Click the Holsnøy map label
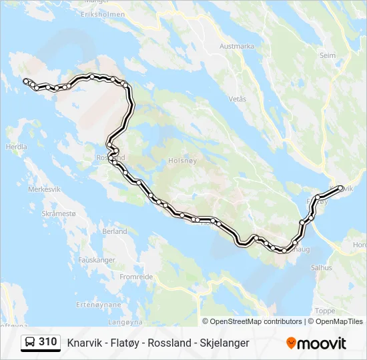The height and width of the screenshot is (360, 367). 181,160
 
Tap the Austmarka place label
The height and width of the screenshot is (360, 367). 237,47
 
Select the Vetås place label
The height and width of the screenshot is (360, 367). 238,99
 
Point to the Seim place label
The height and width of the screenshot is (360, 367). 328,56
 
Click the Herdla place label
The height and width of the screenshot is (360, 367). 16,147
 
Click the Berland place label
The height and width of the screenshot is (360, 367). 115,231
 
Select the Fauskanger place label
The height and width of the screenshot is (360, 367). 97,260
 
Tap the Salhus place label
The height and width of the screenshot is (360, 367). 321,267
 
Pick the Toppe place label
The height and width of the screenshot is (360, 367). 325,311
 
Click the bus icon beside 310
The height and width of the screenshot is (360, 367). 31,342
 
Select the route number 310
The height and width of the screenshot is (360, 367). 47,342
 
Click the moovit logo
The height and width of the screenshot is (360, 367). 316,343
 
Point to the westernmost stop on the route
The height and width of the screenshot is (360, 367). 26,81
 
